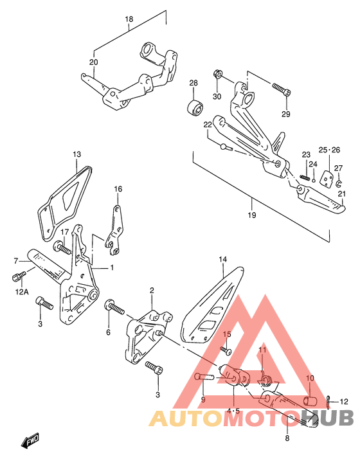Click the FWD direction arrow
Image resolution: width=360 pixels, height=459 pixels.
pos(30,440)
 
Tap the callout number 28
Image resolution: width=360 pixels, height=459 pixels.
pos(194,83)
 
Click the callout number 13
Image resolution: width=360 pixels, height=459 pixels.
pos(76,154)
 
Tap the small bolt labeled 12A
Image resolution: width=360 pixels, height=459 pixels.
pos(19,276)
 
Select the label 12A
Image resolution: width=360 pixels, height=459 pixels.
pos(22,292)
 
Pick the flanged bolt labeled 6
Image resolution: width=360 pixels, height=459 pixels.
pos(114,307)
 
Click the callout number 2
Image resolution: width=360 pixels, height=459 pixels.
pos(152,291)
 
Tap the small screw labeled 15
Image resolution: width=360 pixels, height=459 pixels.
pos(226,350)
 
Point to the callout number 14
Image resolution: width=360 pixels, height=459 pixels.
pos(222,259)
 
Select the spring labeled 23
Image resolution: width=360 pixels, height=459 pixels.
pos(305,177)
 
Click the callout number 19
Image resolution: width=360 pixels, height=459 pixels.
pos(252,215)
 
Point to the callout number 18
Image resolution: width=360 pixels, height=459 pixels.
pos(129,19)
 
